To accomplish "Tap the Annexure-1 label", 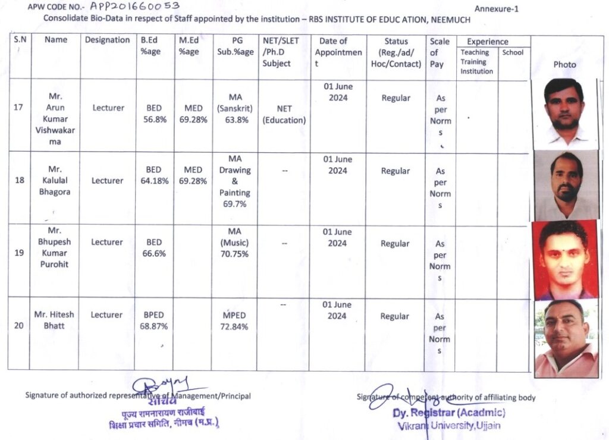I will coord(497,8).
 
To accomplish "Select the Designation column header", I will coord(107,40).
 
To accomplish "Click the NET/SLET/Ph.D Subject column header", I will coord(281,52).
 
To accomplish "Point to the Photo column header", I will coord(564,64).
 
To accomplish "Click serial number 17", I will coord(18,108).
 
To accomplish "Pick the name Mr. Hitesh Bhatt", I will coord(54,320).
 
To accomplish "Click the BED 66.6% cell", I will coord(154,248).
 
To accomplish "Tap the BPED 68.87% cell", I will coord(154,320).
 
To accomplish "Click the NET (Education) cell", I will coord(284,114).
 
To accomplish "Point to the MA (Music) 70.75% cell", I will coord(235,243).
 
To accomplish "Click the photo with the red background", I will coord(564,260).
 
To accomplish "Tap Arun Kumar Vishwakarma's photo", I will coord(564,113).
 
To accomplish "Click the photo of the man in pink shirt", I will coord(565,339).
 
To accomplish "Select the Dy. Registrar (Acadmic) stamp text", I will coord(449,413).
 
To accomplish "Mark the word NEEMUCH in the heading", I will coord(449,20).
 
